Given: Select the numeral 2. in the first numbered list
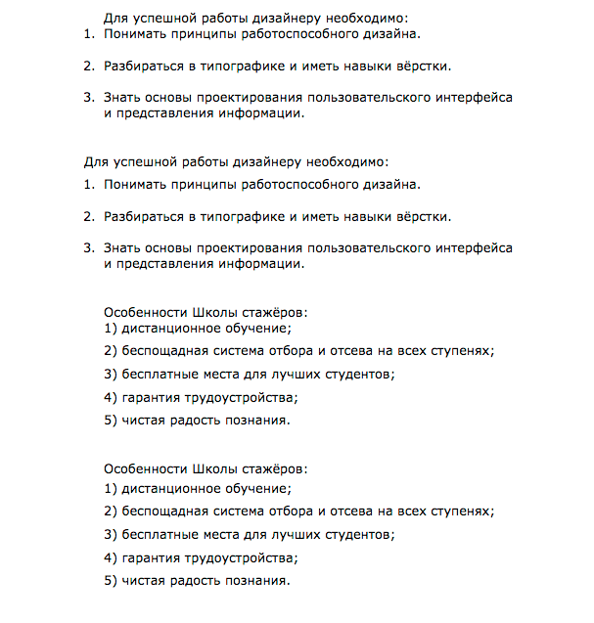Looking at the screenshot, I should click(x=88, y=67).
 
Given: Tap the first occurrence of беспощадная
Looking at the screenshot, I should click(x=167, y=350).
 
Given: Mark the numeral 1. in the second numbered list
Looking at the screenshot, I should click(x=88, y=184).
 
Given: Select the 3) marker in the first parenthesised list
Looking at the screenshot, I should click(x=111, y=374).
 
